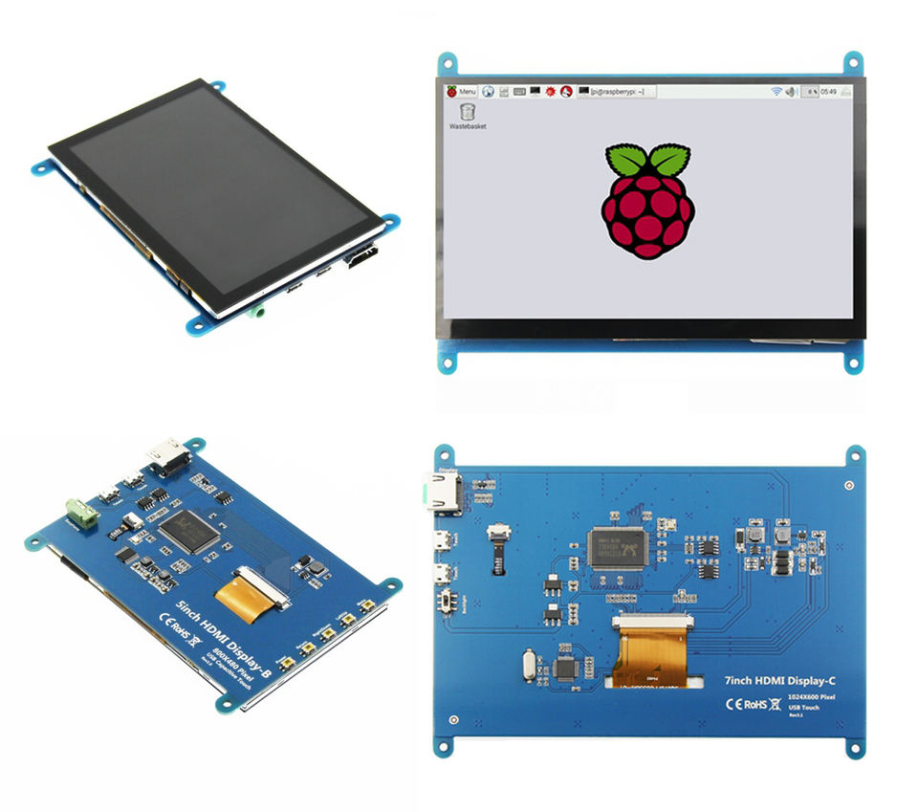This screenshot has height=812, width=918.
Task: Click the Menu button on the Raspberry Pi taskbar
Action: pos(461,91)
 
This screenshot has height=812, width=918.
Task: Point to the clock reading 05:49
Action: pos(828,91)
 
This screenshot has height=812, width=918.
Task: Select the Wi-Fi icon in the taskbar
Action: pos(777,91)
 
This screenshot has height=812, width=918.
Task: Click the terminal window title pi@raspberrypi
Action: pos(618,91)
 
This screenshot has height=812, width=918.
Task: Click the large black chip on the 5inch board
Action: pos(188,528)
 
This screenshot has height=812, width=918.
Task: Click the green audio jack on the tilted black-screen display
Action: pos(257,311)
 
